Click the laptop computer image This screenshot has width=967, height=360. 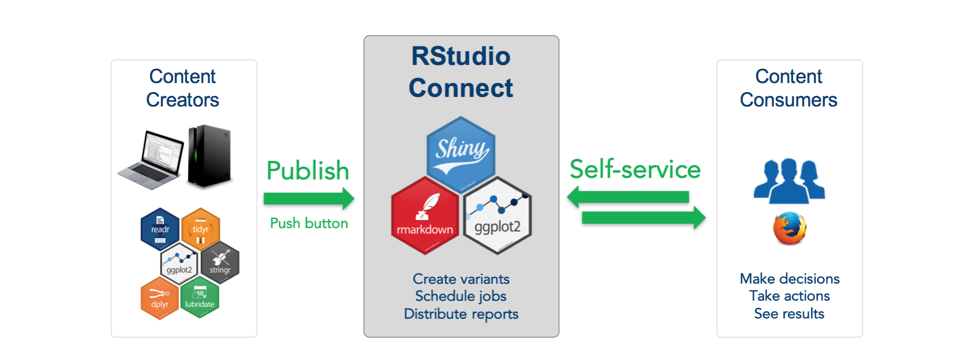[151, 159]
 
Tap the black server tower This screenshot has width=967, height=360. [210, 156]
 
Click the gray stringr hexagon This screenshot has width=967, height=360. [220, 263]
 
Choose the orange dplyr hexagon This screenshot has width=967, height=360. [160, 298]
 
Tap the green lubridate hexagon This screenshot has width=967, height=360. [200, 297]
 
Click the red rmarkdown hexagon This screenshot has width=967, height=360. [425, 216]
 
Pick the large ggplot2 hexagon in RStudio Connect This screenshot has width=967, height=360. [497, 216]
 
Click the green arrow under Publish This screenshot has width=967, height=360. [309, 199]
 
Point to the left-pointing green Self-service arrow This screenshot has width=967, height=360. [628, 197]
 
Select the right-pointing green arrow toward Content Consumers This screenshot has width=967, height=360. [644, 217]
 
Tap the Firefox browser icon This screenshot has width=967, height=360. [790, 228]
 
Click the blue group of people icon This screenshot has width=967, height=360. [789, 181]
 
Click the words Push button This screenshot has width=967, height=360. [309, 223]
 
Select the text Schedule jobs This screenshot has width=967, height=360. [461, 296]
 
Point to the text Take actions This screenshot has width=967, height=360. [789, 296]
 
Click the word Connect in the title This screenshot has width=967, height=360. [461, 88]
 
